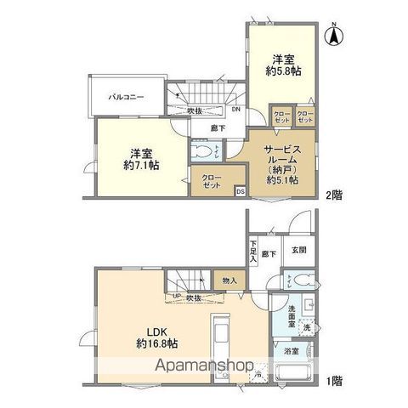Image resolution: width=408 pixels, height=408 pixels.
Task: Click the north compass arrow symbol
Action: click(336, 36)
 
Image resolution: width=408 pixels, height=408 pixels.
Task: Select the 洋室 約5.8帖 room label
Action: click(285, 65)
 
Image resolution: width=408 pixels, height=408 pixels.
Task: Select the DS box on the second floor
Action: click(241, 191)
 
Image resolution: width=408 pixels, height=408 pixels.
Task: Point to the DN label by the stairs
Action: click(235, 110)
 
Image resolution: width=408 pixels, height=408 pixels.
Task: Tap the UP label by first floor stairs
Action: click(176, 296)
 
